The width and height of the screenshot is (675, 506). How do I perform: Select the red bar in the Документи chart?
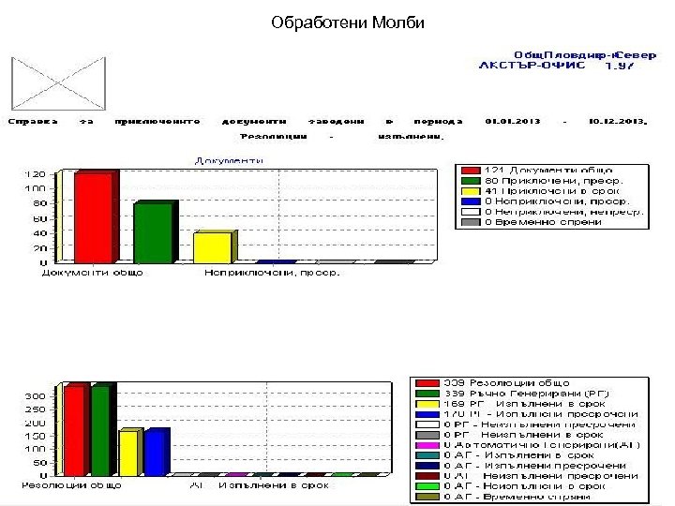[x=94, y=217]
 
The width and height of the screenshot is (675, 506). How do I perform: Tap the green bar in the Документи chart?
[x=152, y=232]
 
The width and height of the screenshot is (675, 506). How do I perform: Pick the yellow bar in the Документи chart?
[x=211, y=246]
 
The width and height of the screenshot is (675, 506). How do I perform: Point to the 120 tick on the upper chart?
[x=35, y=174]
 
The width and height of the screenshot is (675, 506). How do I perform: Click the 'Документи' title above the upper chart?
[x=229, y=160]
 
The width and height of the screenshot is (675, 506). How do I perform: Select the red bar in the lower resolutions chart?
[x=75, y=430]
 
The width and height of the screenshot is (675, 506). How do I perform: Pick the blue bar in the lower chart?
[x=155, y=453]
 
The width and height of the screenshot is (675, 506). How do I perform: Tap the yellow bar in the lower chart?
[x=127, y=454]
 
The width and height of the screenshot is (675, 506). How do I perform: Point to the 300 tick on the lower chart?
[x=33, y=396]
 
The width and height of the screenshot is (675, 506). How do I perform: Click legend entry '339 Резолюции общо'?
[x=506, y=382]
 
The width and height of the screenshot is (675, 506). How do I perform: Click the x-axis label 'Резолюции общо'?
[x=62, y=485]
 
